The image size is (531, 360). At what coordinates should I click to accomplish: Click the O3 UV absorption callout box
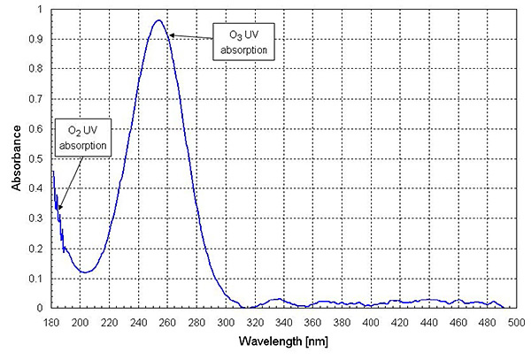[x=245, y=43]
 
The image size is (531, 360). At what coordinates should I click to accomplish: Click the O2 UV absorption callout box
[x=84, y=137]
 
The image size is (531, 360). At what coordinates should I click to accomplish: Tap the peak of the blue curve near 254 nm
[x=158, y=20]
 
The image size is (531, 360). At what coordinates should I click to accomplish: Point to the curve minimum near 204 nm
[x=85, y=272]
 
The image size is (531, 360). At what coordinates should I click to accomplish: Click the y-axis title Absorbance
[x=16, y=159]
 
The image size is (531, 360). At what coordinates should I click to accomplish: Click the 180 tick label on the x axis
[x=52, y=322]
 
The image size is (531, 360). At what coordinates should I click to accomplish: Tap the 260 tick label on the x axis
[x=168, y=322]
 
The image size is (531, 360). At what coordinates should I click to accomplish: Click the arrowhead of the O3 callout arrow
[x=171, y=34]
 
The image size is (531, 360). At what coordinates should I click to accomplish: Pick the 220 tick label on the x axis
[x=110, y=322]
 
